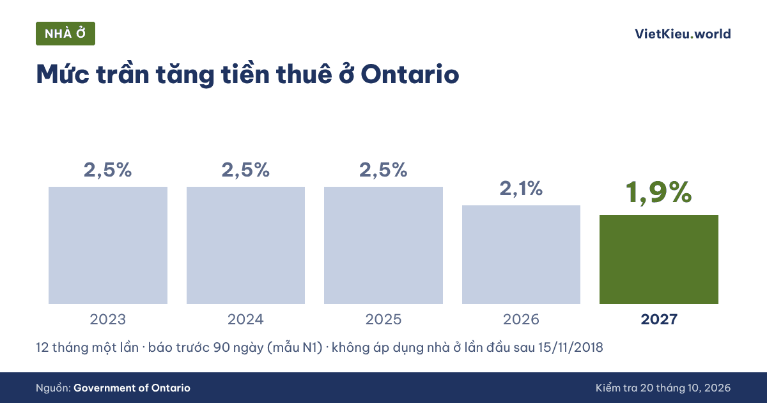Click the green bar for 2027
[x=659, y=260]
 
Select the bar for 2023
[x=108, y=245]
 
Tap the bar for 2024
[x=245, y=245]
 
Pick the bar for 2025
[x=383, y=245]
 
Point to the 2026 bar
[x=521, y=255]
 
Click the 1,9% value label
[x=659, y=193]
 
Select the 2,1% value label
[x=521, y=189]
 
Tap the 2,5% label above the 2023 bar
[x=108, y=170]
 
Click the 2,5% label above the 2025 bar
[x=383, y=170]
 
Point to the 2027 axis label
[x=659, y=319]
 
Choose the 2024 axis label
[x=245, y=319]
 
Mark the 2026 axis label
[x=521, y=319]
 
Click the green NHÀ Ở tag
[x=65, y=33]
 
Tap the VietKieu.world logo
[x=683, y=34]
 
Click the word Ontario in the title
[x=410, y=74]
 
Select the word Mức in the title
[x=63, y=74]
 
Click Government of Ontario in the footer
[x=132, y=388]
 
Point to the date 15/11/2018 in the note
[x=570, y=347]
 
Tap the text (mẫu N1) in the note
[x=295, y=348]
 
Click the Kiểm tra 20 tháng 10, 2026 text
[x=663, y=388]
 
